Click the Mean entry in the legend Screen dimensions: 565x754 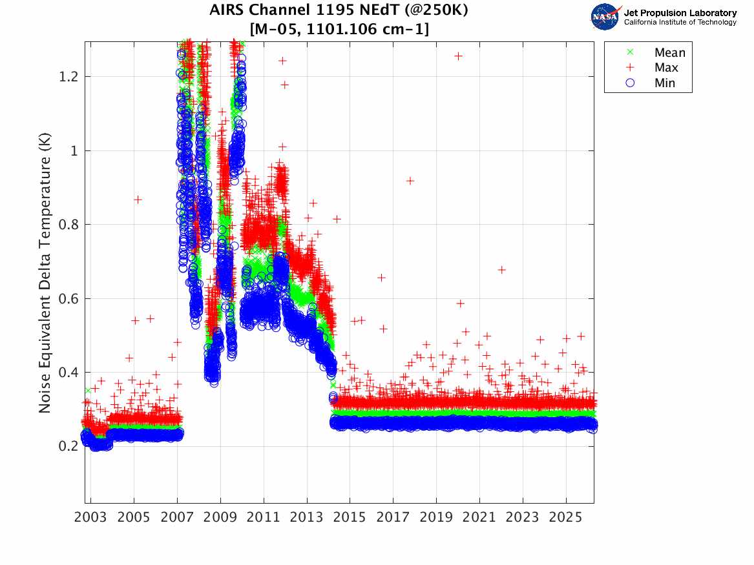(x=669, y=53)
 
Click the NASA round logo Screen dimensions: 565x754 (x=605, y=17)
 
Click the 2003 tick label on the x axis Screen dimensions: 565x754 (x=91, y=518)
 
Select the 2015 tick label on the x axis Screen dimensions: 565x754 (x=350, y=518)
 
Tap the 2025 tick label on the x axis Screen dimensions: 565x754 (x=566, y=518)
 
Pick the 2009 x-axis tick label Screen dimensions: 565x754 (x=220, y=518)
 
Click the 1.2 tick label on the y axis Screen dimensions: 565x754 (x=68, y=76)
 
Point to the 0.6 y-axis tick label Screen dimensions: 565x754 (x=68, y=298)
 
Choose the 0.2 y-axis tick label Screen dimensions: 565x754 (x=68, y=446)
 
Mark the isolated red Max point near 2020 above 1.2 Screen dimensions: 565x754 (x=458, y=56)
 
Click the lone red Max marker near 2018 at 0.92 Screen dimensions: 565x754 (x=410, y=181)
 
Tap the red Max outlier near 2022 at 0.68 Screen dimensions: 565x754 (x=501, y=270)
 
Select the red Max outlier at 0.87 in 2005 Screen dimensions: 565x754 (x=138, y=200)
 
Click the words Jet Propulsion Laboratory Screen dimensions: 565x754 (x=680, y=13)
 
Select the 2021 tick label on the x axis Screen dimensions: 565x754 (x=479, y=518)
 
